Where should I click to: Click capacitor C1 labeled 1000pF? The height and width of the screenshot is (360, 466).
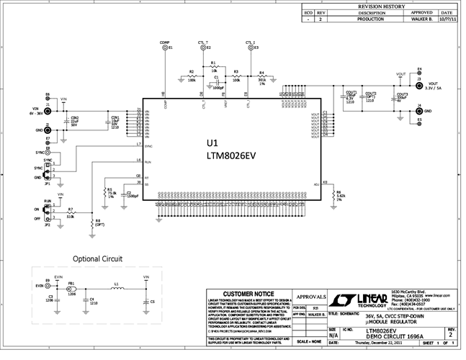coord(217,81)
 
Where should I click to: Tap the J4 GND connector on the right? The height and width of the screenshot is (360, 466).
coord(418,111)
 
